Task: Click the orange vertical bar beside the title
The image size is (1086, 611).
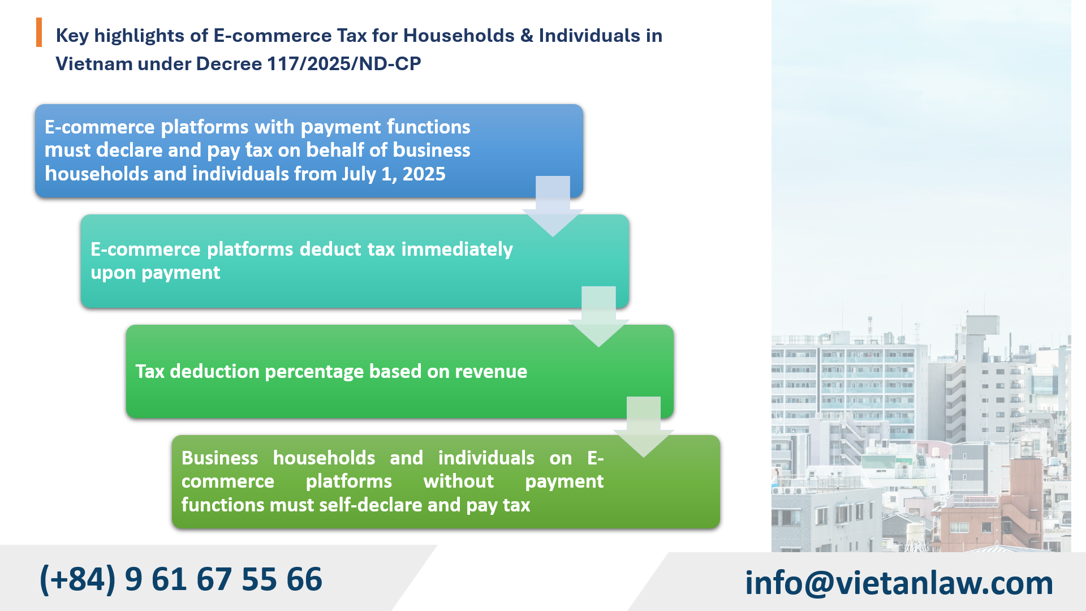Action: pyautogui.click(x=39, y=32)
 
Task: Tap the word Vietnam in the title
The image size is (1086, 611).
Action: pyautogui.click(x=94, y=64)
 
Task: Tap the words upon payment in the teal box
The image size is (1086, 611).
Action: pyautogui.click(x=155, y=273)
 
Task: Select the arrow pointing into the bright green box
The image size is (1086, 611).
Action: pyautogui.click(x=598, y=317)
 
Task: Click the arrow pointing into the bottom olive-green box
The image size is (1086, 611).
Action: pyautogui.click(x=644, y=428)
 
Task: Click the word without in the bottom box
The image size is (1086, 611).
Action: pyautogui.click(x=458, y=481)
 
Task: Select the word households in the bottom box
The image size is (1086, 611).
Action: pyautogui.click(x=324, y=458)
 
